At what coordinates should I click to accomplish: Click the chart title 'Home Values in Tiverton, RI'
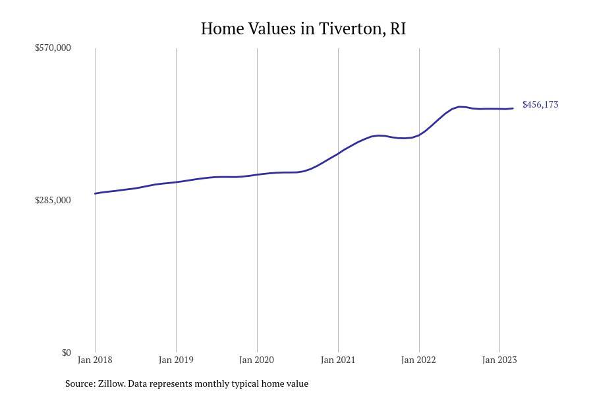(x=303, y=29)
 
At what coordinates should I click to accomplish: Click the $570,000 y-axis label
(x=53, y=48)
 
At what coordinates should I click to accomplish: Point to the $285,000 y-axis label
(x=53, y=200)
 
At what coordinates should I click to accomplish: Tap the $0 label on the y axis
(x=66, y=352)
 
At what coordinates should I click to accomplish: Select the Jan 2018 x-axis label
(x=95, y=360)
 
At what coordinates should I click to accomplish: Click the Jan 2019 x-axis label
(x=176, y=360)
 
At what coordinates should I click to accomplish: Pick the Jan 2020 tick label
(x=257, y=360)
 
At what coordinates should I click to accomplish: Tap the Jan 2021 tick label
(x=338, y=360)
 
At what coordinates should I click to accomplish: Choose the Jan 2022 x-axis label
(x=419, y=360)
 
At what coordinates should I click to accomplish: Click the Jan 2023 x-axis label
(x=499, y=360)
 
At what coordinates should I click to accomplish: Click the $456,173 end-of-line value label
(x=540, y=104)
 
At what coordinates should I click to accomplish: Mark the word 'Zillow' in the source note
(x=111, y=383)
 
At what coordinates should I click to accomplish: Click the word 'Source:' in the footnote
(x=80, y=383)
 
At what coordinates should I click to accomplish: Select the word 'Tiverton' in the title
(x=350, y=29)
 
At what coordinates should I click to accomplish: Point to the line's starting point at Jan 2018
(x=96, y=193)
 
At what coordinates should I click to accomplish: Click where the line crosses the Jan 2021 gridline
(x=338, y=154)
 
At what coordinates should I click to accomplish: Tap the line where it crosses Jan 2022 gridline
(x=419, y=135)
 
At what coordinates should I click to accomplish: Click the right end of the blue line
(x=513, y=108)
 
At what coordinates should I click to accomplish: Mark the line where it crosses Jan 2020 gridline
(x=257, y=174)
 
